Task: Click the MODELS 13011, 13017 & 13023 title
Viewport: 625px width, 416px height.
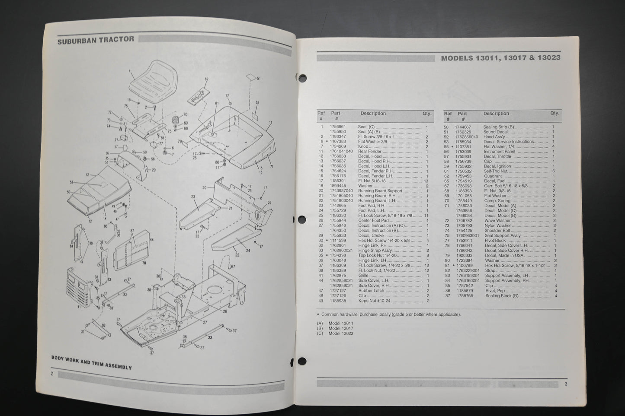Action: pyautogui.click(x=500, y=58)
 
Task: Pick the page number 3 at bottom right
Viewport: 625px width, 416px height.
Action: pyautogui.click(x=565, y=384)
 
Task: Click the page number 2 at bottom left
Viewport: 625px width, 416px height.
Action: pyautogui.click(x=52, y=374)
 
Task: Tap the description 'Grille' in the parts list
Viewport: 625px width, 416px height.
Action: pyautogui.click(x=364, y=276)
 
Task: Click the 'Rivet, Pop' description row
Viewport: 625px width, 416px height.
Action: pyautogui.click(x=494, y=291)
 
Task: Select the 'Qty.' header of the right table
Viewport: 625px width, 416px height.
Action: pyautogui.click(x=554, y=113)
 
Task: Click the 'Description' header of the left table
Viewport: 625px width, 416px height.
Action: pyautogui.click(x=373, y=114)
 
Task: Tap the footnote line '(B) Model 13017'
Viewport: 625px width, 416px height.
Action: pyautogui.click(x=335, y=328)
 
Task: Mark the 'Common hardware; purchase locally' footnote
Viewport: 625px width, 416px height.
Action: pyautogui.click(x=389, y=314)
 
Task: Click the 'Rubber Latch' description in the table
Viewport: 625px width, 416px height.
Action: pyautogui.click(x=371, y=291)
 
